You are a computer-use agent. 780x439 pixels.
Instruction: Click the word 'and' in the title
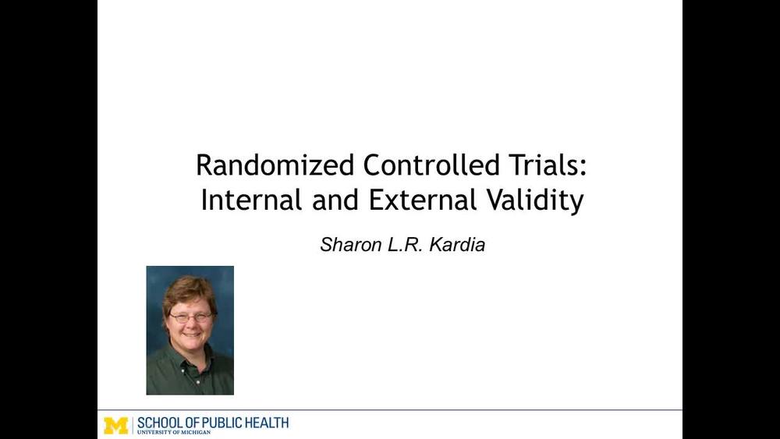334,200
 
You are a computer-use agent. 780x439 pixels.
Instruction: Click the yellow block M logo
115,425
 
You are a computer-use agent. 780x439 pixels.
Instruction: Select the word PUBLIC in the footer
227,423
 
